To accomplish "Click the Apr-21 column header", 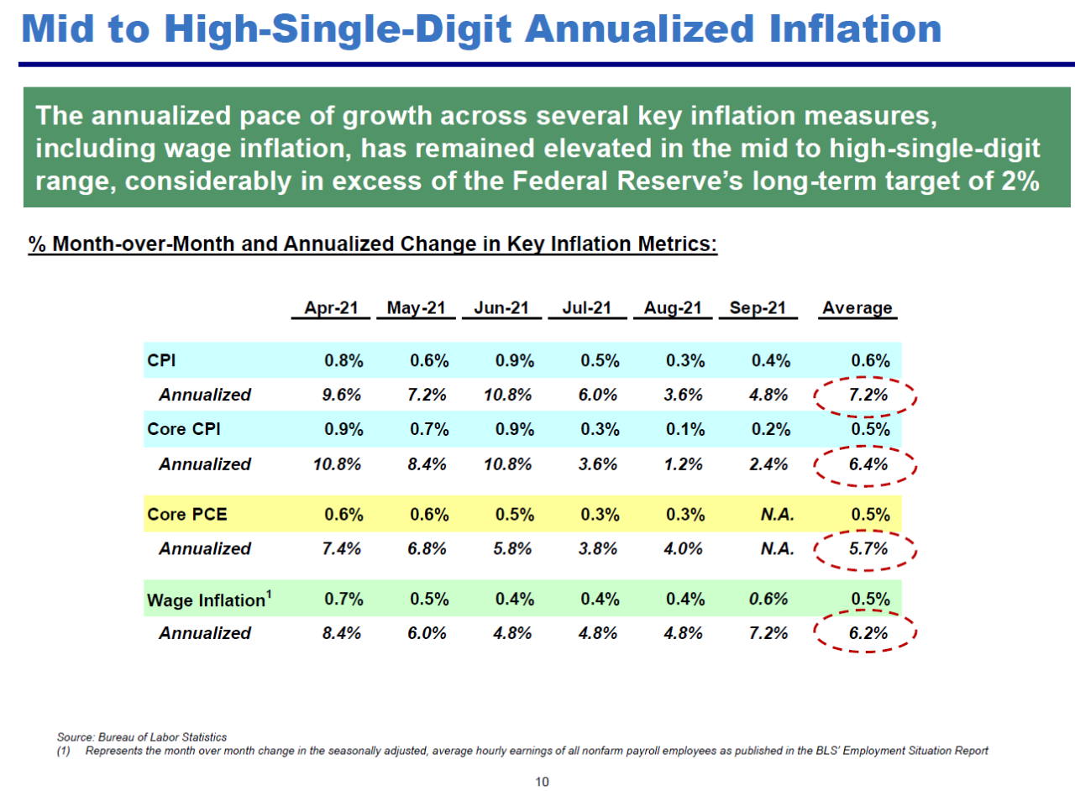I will pos(331,308).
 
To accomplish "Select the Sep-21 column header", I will pos(757,308).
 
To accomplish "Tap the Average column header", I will pos(857,308).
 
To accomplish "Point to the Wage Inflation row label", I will pos(209,600).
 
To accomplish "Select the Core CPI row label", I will pos(184,430).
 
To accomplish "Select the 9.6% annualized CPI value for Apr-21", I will pos(342,395).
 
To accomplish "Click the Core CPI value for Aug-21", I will pos(684,430).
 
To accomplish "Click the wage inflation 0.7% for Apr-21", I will pos(343,600).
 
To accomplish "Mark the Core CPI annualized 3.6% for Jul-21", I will pos(599,464).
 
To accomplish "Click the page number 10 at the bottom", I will pos(542,782).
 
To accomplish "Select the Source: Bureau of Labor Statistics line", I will pos(142,737).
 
